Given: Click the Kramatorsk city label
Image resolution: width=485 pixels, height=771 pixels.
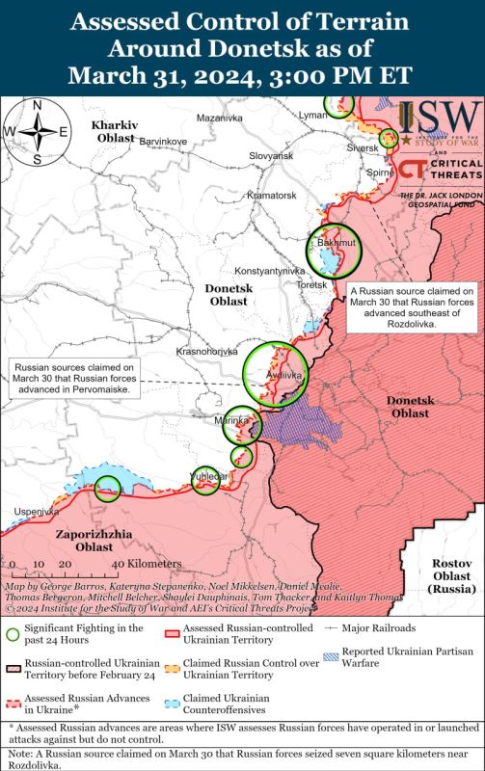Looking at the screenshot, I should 246,195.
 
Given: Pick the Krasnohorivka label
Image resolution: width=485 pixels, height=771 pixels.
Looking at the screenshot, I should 206,352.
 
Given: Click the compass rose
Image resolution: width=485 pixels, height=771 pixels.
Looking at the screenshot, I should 36,132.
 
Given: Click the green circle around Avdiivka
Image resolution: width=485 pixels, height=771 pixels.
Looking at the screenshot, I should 275,375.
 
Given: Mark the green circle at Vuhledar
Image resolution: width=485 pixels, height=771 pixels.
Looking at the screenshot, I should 203,479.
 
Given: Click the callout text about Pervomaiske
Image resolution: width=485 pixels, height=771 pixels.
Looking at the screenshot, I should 76,379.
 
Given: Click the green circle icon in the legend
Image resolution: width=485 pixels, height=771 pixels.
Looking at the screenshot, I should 13,634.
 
